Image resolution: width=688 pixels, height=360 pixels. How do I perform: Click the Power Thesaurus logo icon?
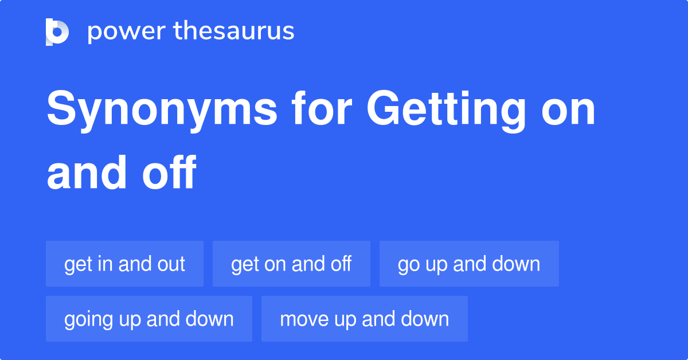[x=57, y=32]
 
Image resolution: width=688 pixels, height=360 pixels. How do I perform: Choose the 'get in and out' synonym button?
[x=124, y=264]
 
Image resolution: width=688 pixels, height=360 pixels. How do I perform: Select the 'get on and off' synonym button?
[x=291, y=264]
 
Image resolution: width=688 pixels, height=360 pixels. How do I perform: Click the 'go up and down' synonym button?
[x=469, y=264]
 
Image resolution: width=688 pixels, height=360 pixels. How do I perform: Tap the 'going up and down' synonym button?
[x=149, y=319]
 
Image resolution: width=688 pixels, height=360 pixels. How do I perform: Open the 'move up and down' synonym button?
[x=364, y=319]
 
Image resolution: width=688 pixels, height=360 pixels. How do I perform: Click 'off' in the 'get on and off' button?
[x=341, y=264]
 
